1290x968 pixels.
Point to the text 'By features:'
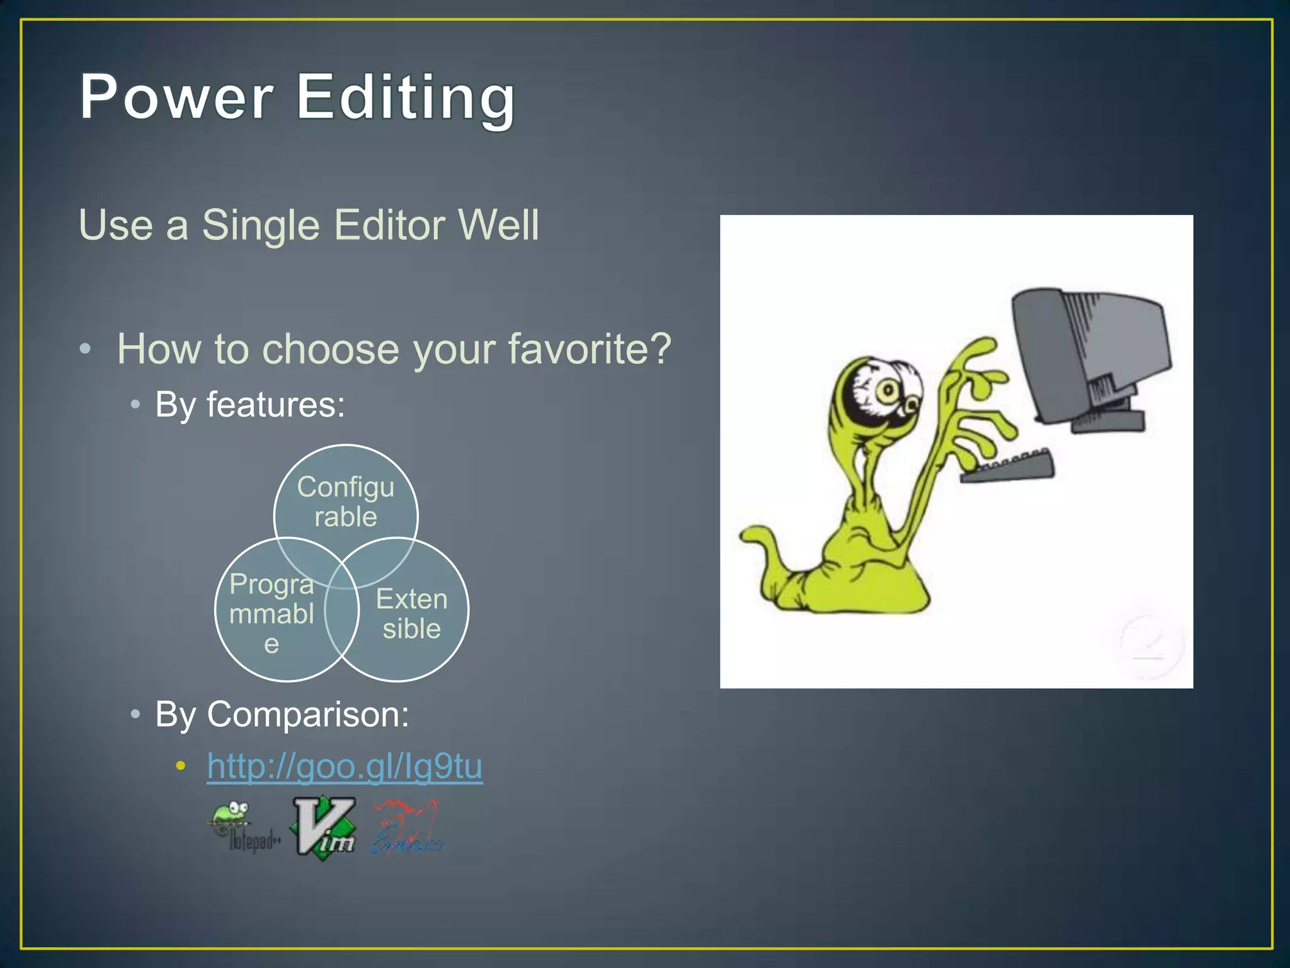point(250,404)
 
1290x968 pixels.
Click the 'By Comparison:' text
point(282,714)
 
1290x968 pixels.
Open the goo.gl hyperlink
point(345,766)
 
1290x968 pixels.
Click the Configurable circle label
point(346,502)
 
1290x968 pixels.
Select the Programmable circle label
point(271,613)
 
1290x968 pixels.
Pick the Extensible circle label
point(411,613)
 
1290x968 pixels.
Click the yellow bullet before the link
point(181,766)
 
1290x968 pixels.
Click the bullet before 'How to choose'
point(86,349)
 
